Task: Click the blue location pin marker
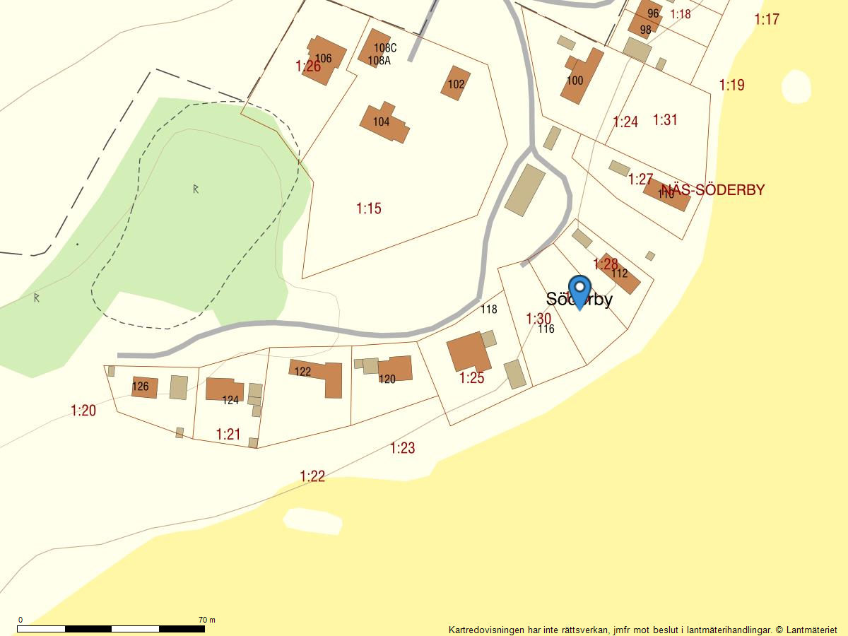pyautogui.click(x=579, y=290)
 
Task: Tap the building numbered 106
pyautogui.click(x=324, y=60)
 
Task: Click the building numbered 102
pyautogui.click(x=456, y=83)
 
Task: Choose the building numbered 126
pyautogui.click(x=144, y=387)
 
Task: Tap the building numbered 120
pyautogui.click(x=393, y=369)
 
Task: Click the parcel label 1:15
pyautogui.click(x=369, y=208)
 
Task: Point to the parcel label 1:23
pyautogui.click(x=403, y=448)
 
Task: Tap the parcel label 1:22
pyautogui.click(x=312, y=476)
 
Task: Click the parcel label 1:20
pyautogui.click(x=83, y=411)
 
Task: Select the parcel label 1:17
pyautogui.click(x=767, y=19)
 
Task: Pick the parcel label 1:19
pyautogui.click(x=732, y=86)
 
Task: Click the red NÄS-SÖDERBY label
pyautogui.click(x=714, y=190)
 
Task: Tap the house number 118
pyautogui.click(x=489, y=309)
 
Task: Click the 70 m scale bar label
pyautogui.click(x=207, y=620)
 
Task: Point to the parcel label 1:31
pyautogui.click(x=665, y=120)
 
